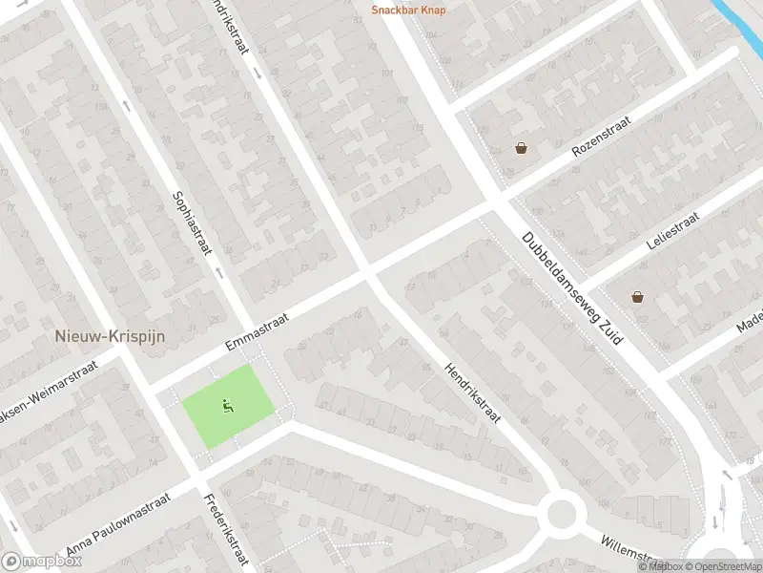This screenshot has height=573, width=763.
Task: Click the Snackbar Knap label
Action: click(408, 11)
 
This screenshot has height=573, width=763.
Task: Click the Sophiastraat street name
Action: click(192, 223)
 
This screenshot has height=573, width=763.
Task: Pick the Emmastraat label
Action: click(257, 327)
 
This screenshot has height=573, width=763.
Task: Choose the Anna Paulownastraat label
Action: click(117, 524)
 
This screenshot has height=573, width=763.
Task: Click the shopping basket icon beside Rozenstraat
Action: click(521, 148)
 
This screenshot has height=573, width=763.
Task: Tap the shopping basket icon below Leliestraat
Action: click(637, 297)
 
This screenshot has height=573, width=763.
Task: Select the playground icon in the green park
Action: click(228, 406)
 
